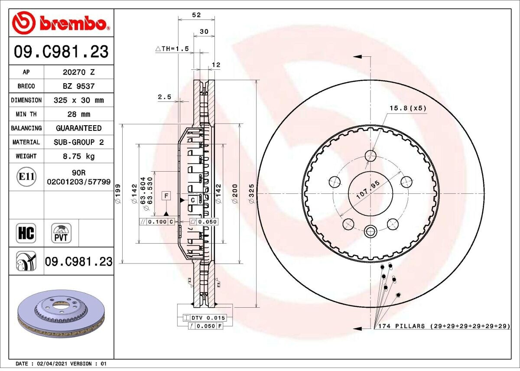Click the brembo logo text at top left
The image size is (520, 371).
[x=73, y=24]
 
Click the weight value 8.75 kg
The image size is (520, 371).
[x=79, y=156]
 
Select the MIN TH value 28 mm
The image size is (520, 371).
[x=78, y=114]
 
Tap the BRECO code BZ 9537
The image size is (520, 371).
[x=78, y=86]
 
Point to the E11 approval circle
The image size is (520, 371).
[x=26, y=177]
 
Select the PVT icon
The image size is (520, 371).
[x=62, y=233]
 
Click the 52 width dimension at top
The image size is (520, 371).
[x=196, y=15]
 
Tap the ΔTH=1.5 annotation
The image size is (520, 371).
[x=172, y=49]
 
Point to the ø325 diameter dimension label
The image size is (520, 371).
[x=251, y=193]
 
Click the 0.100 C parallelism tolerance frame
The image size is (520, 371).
[x=157, y=222]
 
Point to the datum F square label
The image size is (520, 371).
[x=166, y=196]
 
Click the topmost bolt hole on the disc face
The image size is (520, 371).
[x=370, y=156]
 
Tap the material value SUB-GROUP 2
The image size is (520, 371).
[x=78, y=142]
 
